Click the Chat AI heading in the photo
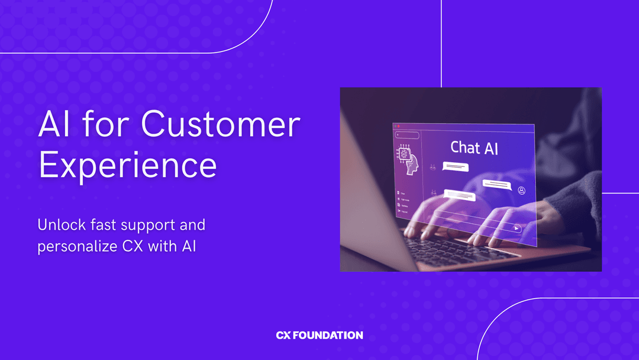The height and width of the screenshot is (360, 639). [x=474, y=147]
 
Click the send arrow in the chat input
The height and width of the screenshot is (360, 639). [x=517, y=228]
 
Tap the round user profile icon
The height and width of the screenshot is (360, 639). [x=521, y=191]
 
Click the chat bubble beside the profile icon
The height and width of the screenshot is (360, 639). [x=496, y=184]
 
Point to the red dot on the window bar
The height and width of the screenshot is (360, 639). [x=399, y=126]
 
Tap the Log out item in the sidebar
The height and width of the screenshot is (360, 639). [x=403, y=211]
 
